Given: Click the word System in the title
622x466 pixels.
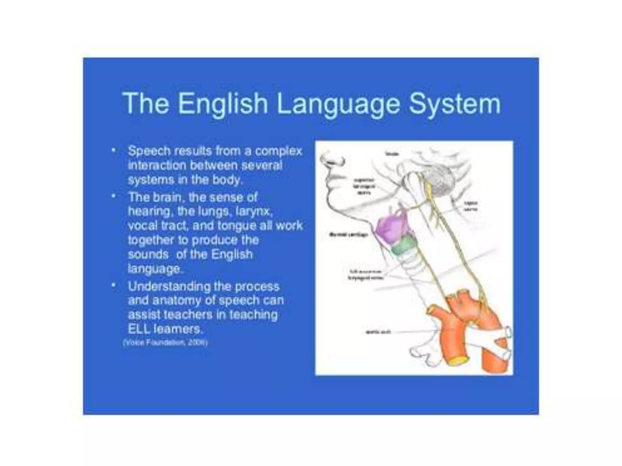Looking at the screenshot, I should pos(454,104).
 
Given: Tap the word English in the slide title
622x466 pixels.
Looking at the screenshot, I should pos(223,104).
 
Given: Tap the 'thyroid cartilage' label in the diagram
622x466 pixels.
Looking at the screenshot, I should pos(349,235).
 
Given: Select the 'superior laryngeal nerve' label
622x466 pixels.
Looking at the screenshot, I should pos(364,186).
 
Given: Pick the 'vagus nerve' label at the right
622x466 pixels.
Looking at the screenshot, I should pos(470,206).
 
